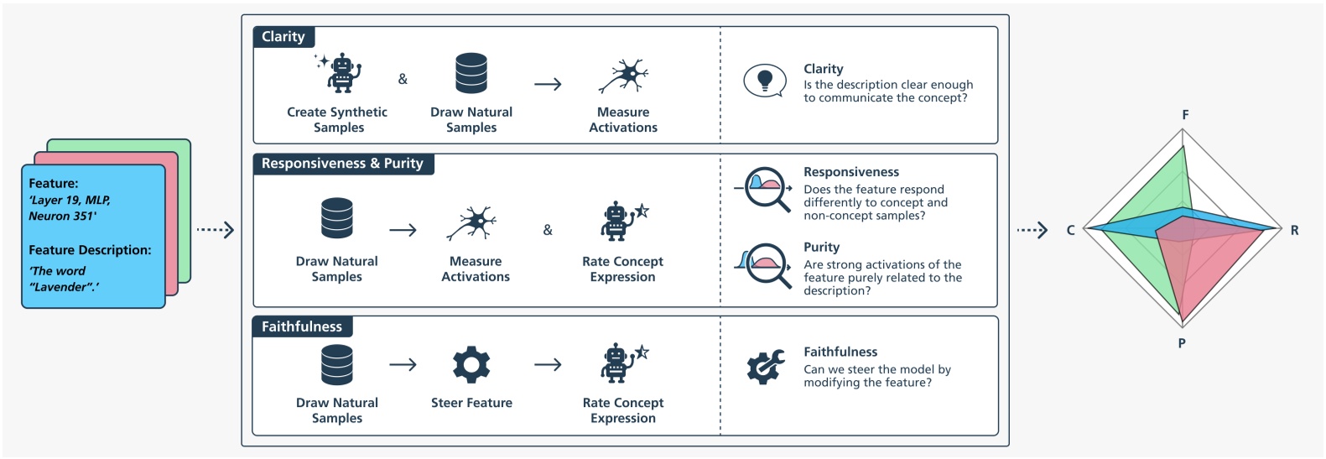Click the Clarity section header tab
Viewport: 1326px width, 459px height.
(283, 37)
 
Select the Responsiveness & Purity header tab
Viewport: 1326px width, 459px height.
(342, 164)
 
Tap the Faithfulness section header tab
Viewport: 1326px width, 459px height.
(302, 326)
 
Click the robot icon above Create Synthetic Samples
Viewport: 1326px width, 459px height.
(340, 73)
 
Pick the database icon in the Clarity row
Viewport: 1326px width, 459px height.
(471, 73)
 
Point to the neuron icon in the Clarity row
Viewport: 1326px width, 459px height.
(623, 76)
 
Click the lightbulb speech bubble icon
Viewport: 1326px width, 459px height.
(764, 81)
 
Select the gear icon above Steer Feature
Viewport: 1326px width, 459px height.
(471, 365)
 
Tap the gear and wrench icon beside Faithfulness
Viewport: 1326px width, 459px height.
(765, 367)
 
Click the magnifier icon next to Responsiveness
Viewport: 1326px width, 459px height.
(766, 188)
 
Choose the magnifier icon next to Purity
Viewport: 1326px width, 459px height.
(766, 265)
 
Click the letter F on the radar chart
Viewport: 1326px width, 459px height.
(1185, 115)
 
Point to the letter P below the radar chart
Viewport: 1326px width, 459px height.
(1182, 343)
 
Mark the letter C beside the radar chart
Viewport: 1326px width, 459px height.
(1070, 230)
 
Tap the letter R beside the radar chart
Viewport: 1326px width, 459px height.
(1294, 230)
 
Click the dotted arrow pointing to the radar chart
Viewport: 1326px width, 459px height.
(1032, 230)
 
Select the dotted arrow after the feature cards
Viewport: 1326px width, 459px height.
(215, 229)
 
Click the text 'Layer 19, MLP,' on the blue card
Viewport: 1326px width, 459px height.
(70, 200)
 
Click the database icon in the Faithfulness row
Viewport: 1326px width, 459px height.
(337, 365)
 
